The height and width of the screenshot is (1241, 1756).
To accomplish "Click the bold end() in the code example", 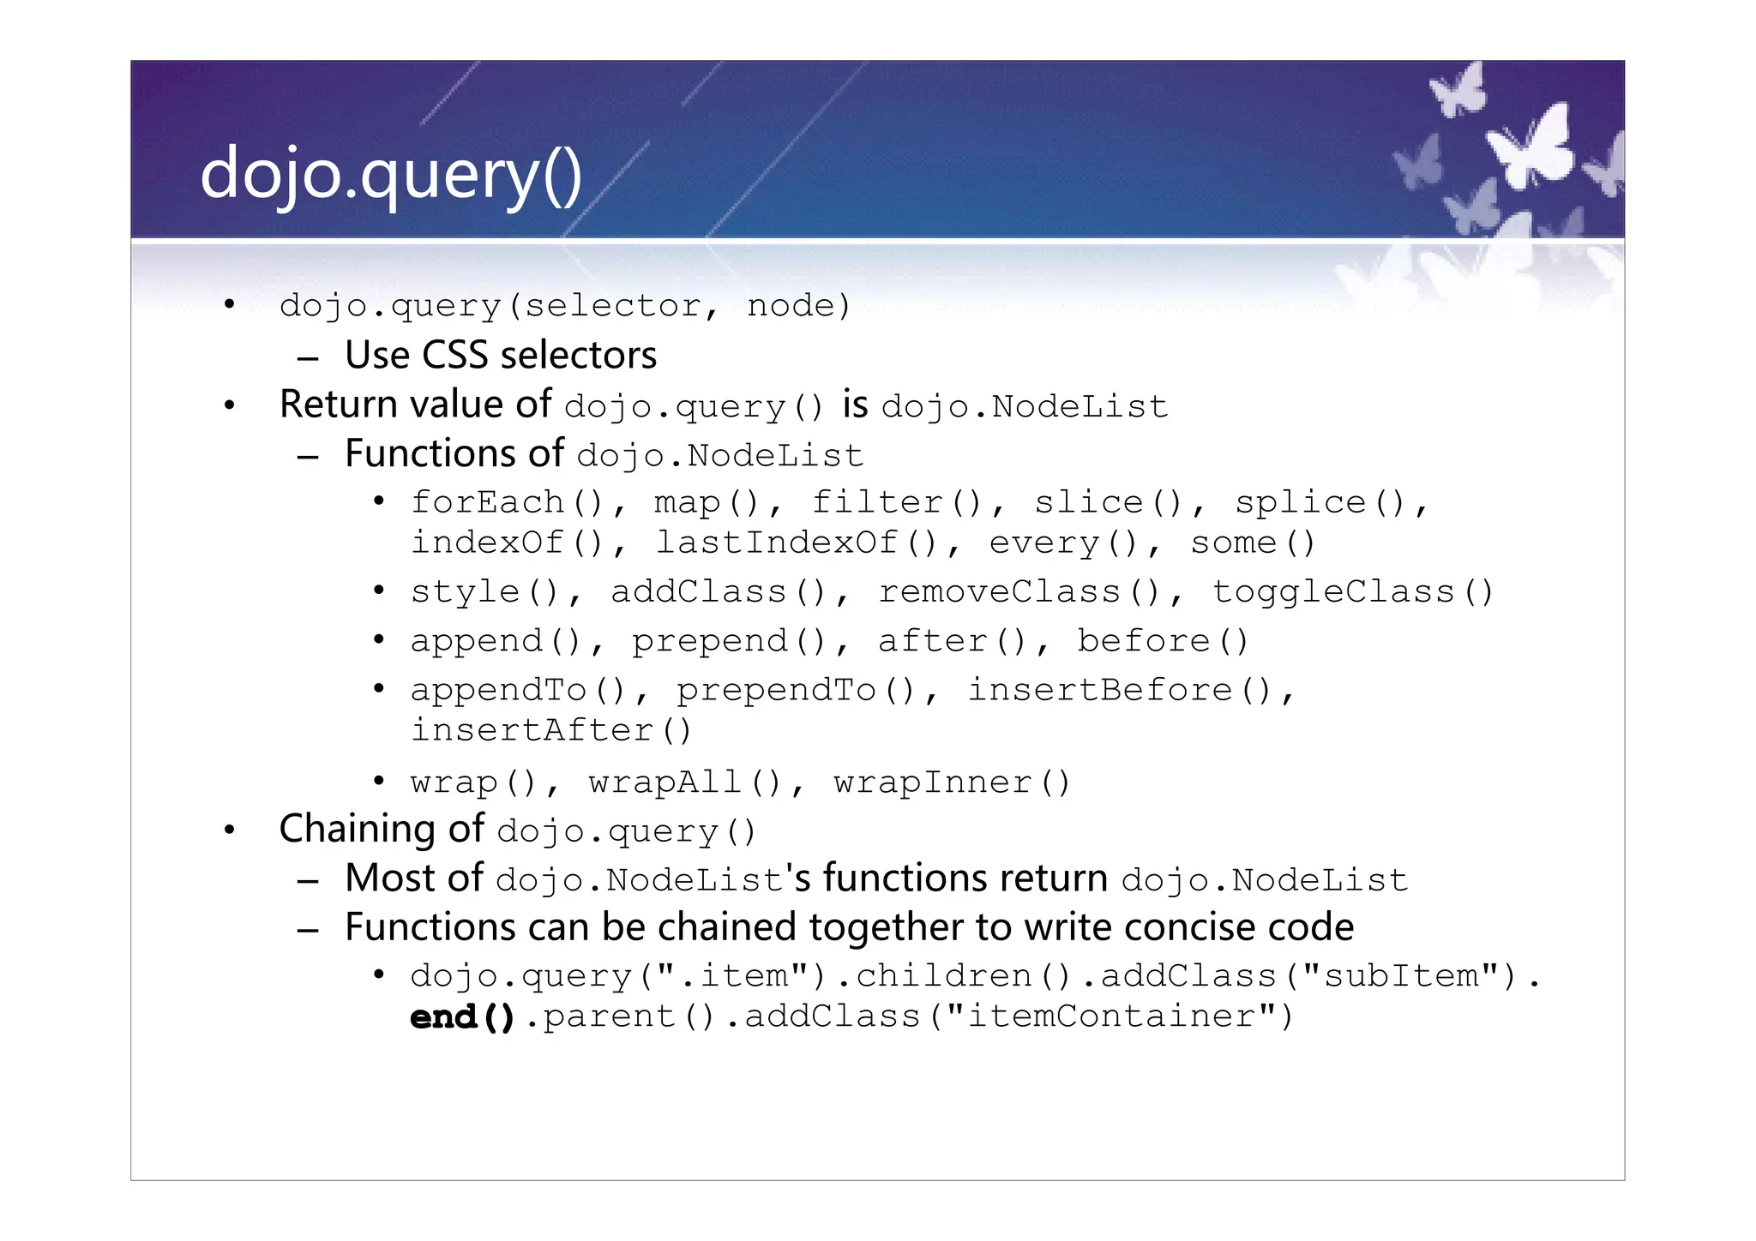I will (462, 1017).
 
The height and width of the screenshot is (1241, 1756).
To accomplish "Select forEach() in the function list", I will (507, 502).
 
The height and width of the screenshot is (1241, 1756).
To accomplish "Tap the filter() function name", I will (896, 502).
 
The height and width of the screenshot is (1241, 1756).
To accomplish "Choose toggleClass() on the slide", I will (1352, 592).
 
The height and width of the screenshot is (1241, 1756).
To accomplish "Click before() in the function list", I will (1163, 641).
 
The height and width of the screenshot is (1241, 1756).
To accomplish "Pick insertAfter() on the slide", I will (550, 731).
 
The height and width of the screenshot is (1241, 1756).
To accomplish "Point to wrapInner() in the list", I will (952, 782).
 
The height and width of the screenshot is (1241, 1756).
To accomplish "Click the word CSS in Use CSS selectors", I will (460, 356).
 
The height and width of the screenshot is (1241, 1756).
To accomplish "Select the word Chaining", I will (357, 830).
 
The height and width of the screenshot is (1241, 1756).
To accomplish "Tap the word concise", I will (1176, 927).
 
